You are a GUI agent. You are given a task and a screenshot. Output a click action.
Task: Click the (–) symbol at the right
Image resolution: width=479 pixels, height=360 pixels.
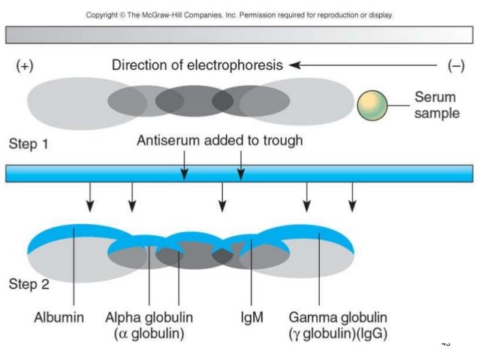click(x=455, y=65)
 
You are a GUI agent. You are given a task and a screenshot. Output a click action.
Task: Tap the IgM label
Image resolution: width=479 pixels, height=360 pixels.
click(x=250, y=317)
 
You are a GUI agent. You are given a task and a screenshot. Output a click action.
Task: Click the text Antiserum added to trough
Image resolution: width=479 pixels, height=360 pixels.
click(x=220, y=140)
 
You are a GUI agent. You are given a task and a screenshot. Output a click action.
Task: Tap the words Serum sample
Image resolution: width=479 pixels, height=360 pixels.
click(x=439, y=105)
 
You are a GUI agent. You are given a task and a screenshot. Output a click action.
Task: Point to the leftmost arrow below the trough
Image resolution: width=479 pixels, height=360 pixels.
click(x=89, y=197)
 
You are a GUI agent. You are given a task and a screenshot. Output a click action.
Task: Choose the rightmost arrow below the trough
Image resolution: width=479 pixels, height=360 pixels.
click(x=353, y=197)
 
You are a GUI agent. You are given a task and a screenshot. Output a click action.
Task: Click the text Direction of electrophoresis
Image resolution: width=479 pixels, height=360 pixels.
click(x=197, y=65)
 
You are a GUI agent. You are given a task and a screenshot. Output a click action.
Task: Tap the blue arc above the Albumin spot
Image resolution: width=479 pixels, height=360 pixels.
click(x=68, y=232)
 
